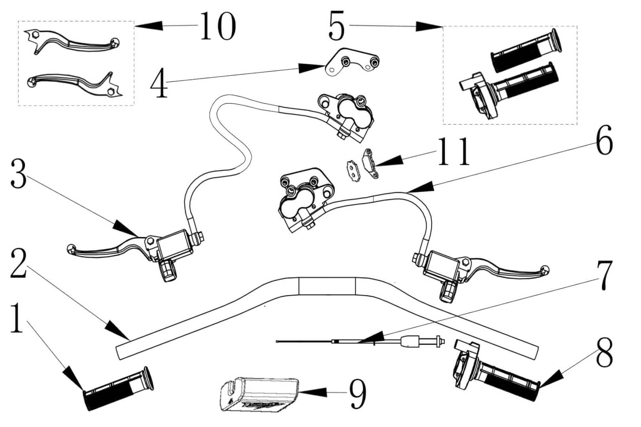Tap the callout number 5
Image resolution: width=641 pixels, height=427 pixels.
pos(337,26)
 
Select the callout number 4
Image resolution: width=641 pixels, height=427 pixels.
pos(159,83)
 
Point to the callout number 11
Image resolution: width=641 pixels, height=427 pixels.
pos(454,152)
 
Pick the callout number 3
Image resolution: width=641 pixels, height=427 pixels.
pos(19,174)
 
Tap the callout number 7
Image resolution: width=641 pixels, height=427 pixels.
pos(604,276)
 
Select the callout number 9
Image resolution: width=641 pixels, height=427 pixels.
pos(358,393)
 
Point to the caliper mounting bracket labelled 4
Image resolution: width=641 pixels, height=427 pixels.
pos(352,61)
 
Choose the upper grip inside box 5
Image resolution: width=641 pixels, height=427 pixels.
pos(526,50)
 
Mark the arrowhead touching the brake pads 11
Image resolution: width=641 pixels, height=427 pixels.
pos(390,161)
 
